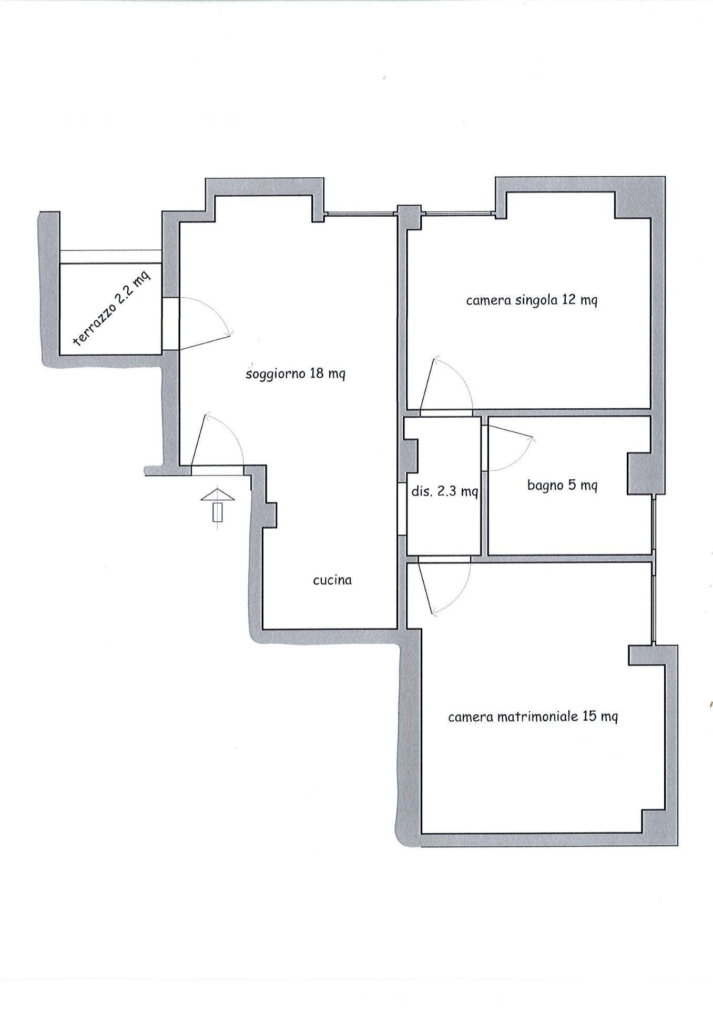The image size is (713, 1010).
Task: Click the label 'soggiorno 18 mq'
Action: pos(295,375)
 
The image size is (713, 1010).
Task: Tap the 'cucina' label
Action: pos(332,580)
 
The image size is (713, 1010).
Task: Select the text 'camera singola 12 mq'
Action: pos(532,301)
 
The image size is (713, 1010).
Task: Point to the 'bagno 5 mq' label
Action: pos(562,486)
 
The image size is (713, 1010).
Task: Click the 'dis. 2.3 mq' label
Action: pos(445,491)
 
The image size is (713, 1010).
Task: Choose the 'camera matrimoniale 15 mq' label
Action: pos(533,716)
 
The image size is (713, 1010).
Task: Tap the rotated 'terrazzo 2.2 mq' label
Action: pos(112,307)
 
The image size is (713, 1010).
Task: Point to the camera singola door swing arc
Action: pos(461,375)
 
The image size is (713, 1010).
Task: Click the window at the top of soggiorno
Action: pos(360,213)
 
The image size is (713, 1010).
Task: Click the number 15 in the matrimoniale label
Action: pos(589,716)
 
